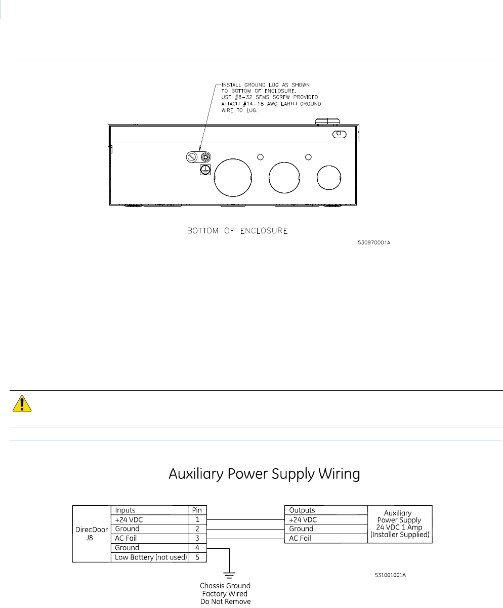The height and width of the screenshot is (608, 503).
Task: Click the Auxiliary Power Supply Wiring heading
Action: click(264, 474)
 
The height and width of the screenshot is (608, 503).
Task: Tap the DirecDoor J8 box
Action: click(91, 534)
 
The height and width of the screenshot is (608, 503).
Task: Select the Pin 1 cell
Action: click(197, 519)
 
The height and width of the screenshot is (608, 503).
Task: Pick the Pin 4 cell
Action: click(197, 548)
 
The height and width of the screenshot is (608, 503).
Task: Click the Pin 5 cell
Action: click(197, 557)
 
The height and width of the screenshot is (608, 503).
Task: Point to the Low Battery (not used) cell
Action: click(151, 557)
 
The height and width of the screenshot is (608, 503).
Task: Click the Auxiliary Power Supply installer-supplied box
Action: click(399, 524)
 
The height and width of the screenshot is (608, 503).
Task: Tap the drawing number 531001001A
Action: click(391, 575)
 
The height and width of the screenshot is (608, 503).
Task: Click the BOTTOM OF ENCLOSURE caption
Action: click(237, 231)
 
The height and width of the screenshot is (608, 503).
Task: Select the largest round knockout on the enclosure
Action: click(233, 178)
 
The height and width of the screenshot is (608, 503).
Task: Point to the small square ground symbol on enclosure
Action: click(205, 170)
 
